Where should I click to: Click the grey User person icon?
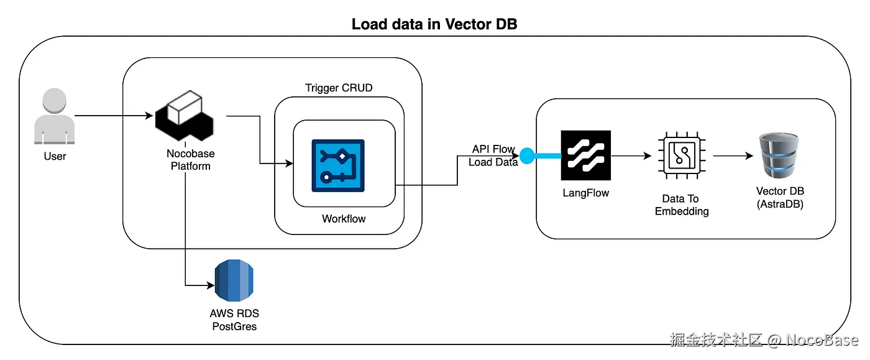(55, 116)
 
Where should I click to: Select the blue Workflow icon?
(337, 165)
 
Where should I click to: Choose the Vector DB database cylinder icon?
(779, 155)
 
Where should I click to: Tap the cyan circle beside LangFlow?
(527, 155)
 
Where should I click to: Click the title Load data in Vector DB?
(434, 24)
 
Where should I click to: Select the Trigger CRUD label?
(339, 88)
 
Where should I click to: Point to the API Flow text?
(493, 149)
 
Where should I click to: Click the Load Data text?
(493, 163)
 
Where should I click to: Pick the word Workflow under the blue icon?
(344, 218)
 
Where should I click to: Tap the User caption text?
(55, 156)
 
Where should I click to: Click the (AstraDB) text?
(780, 204)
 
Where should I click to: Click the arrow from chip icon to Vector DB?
(732, 156)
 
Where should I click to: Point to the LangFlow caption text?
(585, 193)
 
